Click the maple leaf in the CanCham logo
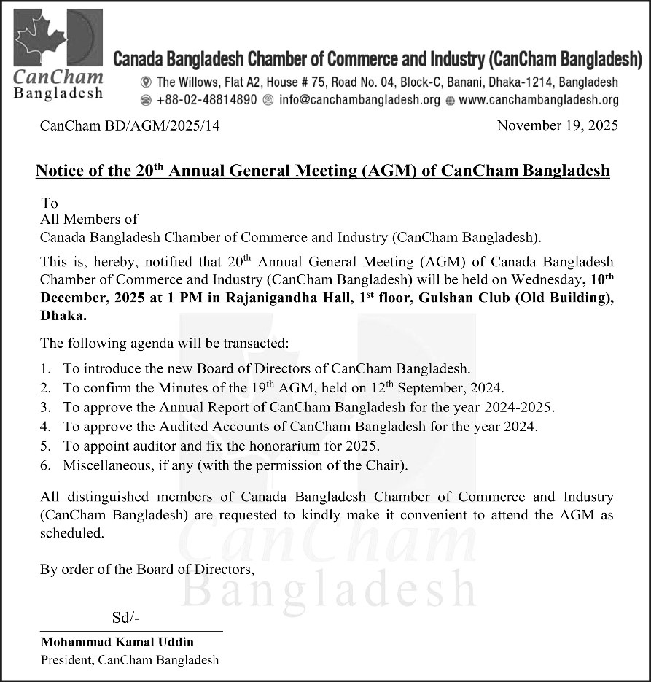pyautogui.click(x=41, y=40)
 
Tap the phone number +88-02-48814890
pyautogui.click(x=206, y=101)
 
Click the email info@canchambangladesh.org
pyautogui.click(x=359, y=101)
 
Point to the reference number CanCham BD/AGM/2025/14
pyautogui.click(x=130, y=125)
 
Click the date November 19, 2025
pyautogui.click(x=557, y=125)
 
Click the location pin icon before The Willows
pyautogui.click(x=146, y=82)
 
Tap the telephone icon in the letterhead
pyautogui.click(x=146, y=101)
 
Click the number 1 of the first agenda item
pyautogui.click(x=45, y=369)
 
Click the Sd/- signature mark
pyautogui.click(x=125, y=619)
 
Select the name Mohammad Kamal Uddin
pyautogui.click(x=117, y=643)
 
